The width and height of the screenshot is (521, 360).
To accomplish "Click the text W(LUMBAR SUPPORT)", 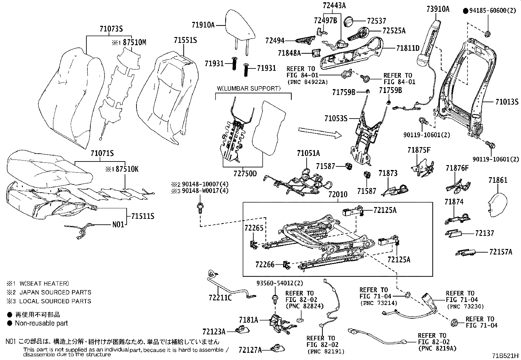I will pos(249,88).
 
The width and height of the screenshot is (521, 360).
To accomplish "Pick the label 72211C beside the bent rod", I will pos(220,297).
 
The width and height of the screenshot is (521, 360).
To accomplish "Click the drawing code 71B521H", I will pos(506,356).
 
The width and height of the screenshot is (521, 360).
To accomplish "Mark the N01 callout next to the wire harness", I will pos(118,225).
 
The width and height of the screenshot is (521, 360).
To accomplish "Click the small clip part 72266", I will pos(287,264).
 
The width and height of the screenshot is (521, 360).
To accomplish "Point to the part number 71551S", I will pos(185,40).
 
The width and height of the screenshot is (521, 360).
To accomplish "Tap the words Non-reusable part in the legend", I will pos(41,323).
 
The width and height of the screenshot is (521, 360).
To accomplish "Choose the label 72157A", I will pos(501,252).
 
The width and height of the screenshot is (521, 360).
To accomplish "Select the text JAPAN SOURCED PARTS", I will pos(55,292).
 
